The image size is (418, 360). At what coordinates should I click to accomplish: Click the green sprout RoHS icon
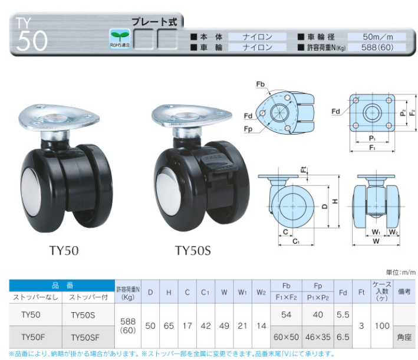click(120, 39)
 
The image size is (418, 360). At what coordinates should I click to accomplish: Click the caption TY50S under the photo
click(193, 251)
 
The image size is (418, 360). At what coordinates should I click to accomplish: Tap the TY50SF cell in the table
click(85, 338)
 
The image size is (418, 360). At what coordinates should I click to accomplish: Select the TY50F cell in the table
click(33, 338)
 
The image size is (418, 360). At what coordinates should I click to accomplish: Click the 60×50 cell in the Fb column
click(286, 337)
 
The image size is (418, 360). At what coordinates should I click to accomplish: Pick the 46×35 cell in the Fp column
click(318, 337)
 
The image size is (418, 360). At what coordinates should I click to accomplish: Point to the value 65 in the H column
click(169, 326)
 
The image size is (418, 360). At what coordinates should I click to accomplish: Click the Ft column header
click(361, 292)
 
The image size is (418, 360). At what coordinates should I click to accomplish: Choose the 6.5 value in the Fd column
click(343, 337)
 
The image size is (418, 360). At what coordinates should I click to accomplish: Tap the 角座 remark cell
click(404, 338)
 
